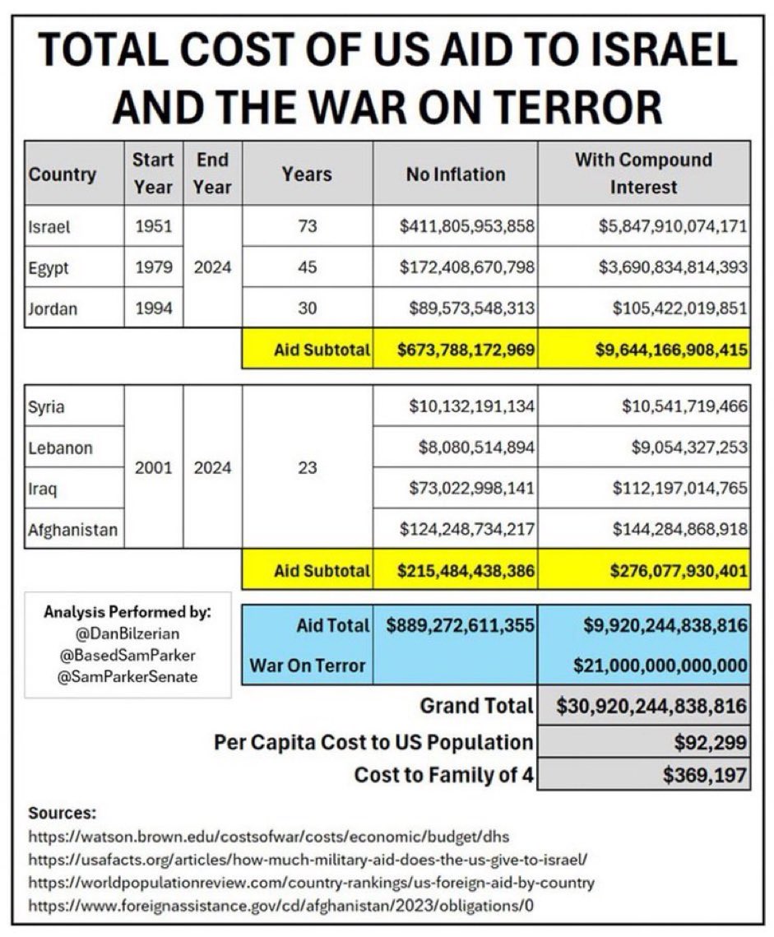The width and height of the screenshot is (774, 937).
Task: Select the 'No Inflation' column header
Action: pos(455,174)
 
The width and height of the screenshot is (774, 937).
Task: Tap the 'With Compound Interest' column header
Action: pos(643,173)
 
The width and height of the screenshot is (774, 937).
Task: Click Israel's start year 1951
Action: pos(153,226)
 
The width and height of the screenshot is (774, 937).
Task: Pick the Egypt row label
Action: pos(49,267)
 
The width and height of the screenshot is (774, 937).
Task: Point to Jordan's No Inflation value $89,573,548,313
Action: pos(472,308)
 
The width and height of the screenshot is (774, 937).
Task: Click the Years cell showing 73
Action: pos(307,226)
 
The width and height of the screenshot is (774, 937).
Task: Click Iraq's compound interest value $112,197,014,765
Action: pos(679,489)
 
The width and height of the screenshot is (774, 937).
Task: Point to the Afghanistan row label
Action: pos(72,530)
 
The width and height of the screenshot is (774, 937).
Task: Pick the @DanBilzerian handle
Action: pos(127,635)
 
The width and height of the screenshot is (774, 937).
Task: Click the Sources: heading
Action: pos(63,814)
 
